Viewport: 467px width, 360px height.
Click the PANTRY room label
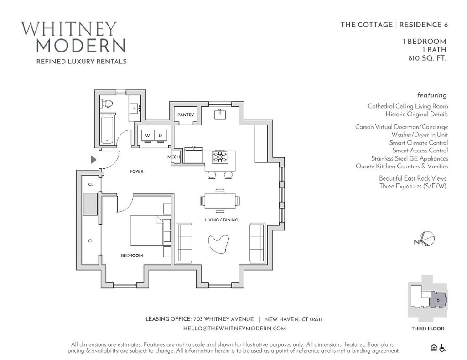186,115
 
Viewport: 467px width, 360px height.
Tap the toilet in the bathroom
107,104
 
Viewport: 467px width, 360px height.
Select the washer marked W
147,136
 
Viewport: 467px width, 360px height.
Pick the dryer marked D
161,136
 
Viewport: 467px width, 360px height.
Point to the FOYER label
136,172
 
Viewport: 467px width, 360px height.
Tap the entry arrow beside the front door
94,159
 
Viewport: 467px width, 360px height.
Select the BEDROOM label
132,256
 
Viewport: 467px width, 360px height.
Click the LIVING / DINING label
222,220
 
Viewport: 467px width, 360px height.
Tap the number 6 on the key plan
438,300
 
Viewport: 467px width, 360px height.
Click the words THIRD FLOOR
427,329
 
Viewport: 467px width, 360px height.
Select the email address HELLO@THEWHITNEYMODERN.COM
234,329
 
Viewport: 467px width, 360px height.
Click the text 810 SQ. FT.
427,58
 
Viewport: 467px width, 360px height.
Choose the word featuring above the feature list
432,95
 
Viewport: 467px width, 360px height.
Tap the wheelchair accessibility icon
442,349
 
